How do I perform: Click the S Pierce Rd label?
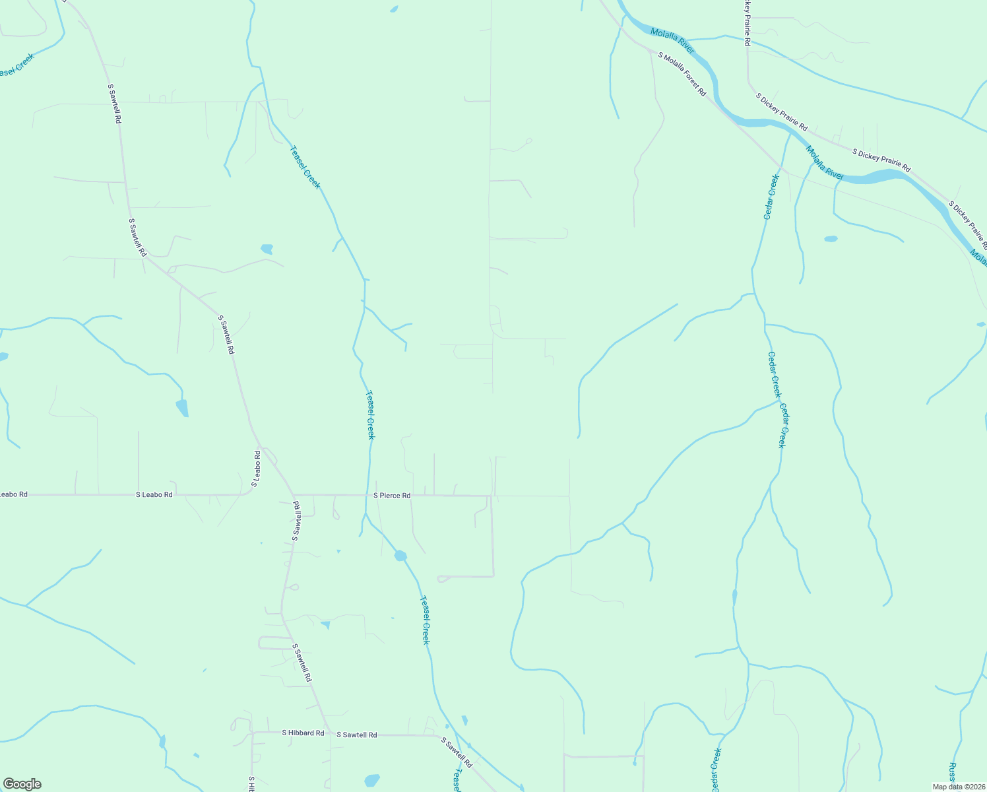tap(392, 495)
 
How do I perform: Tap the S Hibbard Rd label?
tap(303, 733)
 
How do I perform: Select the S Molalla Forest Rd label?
tap(682, 75)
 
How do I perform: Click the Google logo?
tap(22, 784)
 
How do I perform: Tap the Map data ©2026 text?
tap(958, 787)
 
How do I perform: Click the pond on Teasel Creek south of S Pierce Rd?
tap(400, 556)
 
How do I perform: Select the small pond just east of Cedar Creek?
tap(831, 239)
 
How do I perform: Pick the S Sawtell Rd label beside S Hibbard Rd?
tap(356, 735)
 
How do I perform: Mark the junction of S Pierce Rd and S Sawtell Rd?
tap(294, 494)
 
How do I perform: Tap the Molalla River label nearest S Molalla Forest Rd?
tap(672, 40)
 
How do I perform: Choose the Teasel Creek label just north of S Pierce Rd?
tap(371, 415)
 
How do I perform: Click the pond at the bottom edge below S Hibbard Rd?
tap(372, 780)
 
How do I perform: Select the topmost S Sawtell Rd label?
tap(114, 104)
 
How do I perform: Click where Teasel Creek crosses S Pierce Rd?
tap(366, 495)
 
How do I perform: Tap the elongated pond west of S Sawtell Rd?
tap(182, 408)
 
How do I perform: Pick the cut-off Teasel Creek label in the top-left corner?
tap(16, 65)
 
